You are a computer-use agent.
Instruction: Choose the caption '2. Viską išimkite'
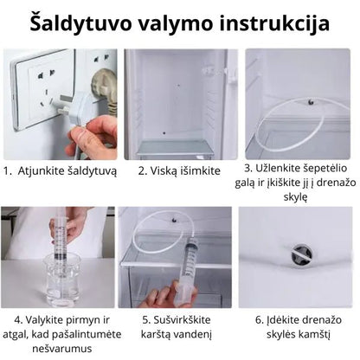[180, 170]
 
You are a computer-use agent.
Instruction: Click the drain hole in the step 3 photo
[310, 101]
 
